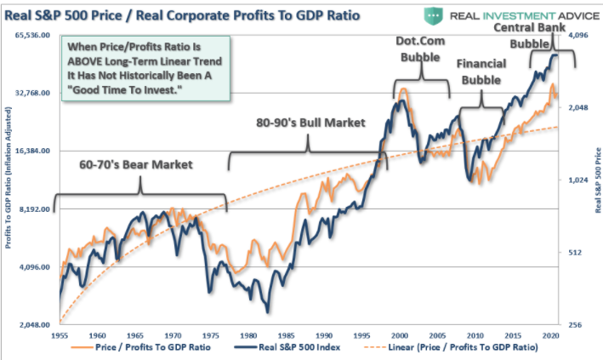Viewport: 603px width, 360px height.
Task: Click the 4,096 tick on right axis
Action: pyautogui.click(x=577, y=35)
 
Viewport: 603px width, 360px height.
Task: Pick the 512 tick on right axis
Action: pyautogui.click(x=575, y=253)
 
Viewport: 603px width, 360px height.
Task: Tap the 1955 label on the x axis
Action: pyautogui.click(x=60, y=336)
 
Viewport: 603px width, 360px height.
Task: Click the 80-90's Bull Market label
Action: pyautogui.click(x=310, y=123)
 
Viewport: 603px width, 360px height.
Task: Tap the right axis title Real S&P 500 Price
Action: pyautogui.click(x=595, y=179)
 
